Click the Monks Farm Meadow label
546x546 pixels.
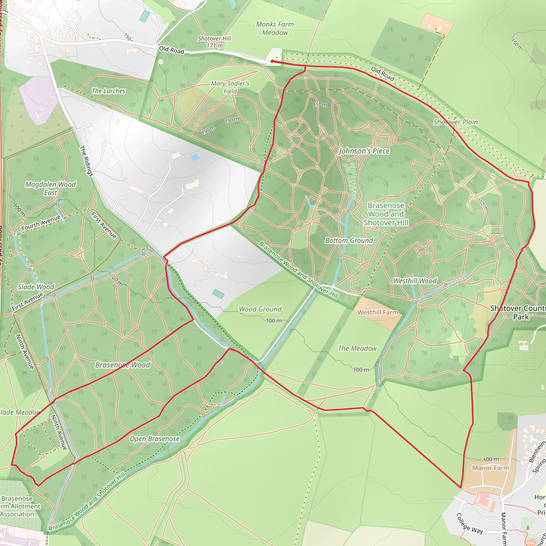click(275, 29)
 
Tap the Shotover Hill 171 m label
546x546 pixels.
click(214, 42)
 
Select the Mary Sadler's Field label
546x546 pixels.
click(230, 87)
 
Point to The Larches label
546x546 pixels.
click(108, 91)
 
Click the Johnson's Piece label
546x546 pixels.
click(364, 151)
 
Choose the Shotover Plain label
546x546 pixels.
click(455, 122)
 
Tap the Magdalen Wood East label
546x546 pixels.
click(51, 188)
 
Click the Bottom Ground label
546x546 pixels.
click(349, 240)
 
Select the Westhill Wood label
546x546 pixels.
click(415, 281)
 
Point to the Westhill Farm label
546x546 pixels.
click(378, 312)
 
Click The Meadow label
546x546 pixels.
click(357, 348)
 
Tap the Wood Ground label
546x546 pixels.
click(260, 309)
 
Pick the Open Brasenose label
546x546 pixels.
click(154, 439)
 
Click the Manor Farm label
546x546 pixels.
click(491, 468)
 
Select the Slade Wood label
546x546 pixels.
click(36, 287)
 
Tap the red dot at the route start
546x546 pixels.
click(272, 61)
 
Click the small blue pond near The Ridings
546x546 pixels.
click(195, 157)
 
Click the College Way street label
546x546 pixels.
click(469, 523)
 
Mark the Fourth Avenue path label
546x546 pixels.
click(41, 222)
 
